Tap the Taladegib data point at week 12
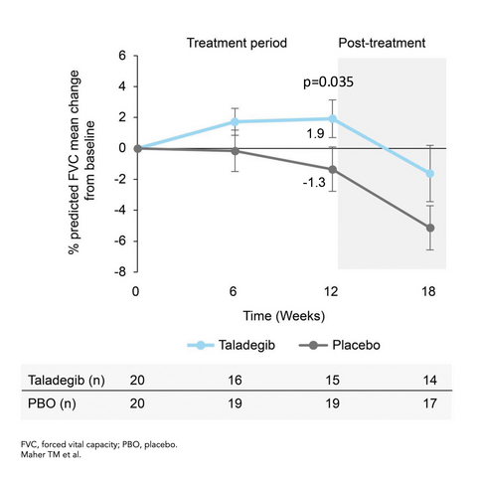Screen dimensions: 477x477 coord(333,118)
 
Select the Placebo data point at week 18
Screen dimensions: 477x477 coord(430,228)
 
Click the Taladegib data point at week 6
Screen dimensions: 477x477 coord(235,121)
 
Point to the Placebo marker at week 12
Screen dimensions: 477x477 coord(333,169)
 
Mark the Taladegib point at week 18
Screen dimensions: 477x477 coord(430,174)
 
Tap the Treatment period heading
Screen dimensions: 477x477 coord(238,44)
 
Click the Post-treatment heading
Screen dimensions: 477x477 coord(383,44)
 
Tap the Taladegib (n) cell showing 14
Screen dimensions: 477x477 coord(430,380)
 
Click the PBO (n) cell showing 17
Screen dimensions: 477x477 coord(430,405)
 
